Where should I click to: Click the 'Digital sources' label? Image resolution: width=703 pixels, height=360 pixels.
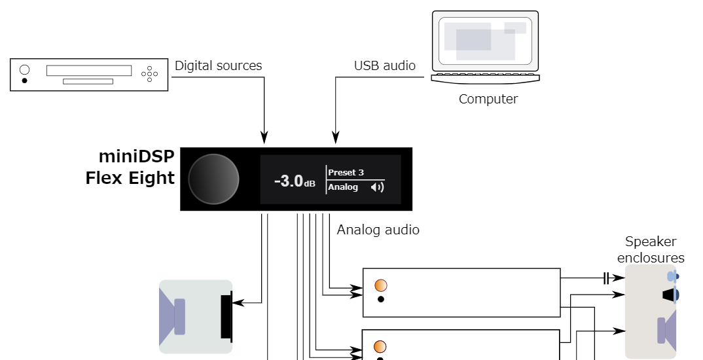click(218, 65)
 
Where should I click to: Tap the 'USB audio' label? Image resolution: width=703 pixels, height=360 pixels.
click(384, 65)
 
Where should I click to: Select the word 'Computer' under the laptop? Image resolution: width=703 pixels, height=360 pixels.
click(488, 99)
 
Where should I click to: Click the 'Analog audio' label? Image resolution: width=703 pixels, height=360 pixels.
click(378, 230)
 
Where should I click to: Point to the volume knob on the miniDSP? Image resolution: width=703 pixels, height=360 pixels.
click(213, 179)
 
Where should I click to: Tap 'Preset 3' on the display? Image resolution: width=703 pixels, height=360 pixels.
click(346, 173)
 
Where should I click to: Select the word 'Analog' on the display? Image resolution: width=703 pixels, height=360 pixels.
click(343, 187)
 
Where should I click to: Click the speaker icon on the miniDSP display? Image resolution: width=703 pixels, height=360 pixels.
click(376, 188)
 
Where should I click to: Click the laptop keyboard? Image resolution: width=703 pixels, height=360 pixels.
click(485, 77)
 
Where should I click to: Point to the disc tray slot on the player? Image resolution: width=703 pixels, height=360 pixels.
click(88, 81)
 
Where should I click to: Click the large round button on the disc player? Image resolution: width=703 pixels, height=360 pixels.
click(25, 69)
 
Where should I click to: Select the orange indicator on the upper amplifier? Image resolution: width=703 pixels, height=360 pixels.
click(380, 285)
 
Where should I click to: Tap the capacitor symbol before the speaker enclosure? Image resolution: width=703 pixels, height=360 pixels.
click(605, 278)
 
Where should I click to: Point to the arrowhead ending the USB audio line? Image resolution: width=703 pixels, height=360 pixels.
click(336, 137)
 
